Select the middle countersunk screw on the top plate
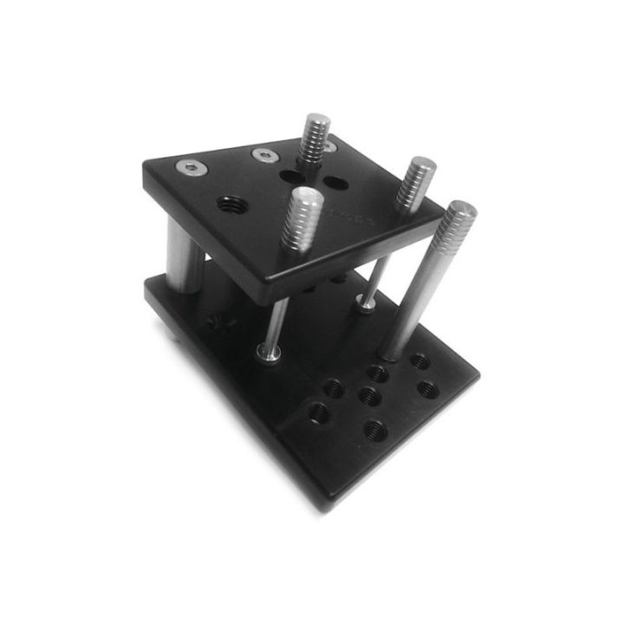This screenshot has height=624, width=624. click(x=265, y=156)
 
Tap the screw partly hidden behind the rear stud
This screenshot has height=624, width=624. click(x=330, y=147)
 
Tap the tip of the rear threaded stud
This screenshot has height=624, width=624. click(x=316, y=120)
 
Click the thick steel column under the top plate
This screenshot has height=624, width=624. click(x=185, y=256)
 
